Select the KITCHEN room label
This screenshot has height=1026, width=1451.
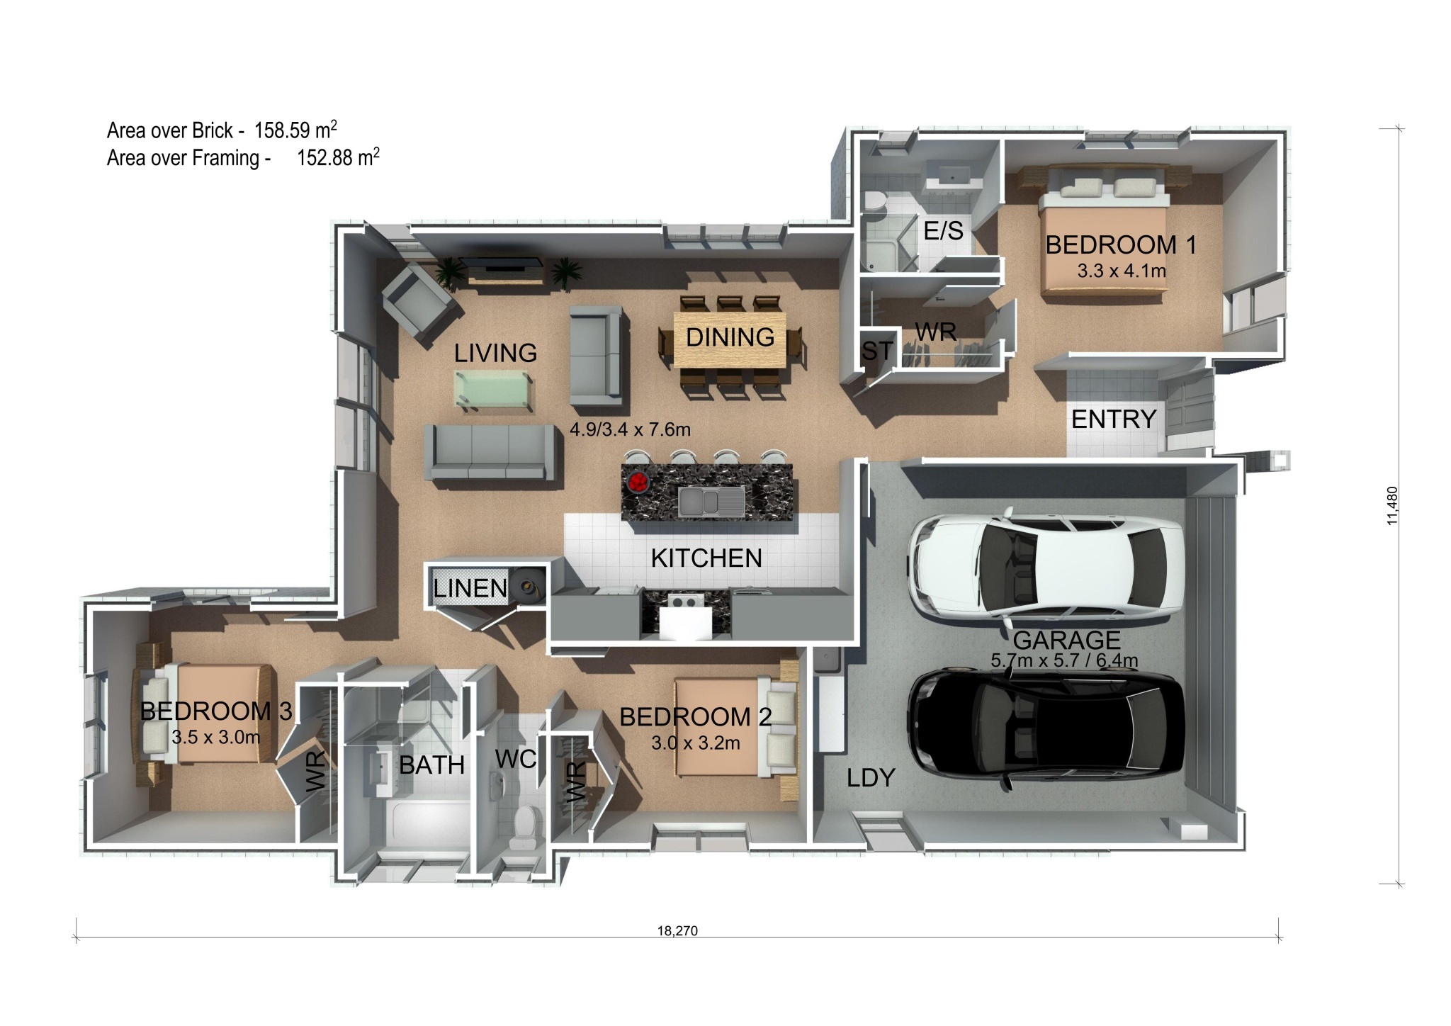pyautogui.click(x=706, y=558)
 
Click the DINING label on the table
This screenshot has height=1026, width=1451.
pyautogui.click(x=730, y=337)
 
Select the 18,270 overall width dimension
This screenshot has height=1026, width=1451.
pyautogui.click(x=677, y=931)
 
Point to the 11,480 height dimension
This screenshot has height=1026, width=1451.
pyautogui.click(x=1393, y=505)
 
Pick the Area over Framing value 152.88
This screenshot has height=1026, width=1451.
pyautogui.click(x=325, y=157)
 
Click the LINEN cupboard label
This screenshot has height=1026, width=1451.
pyautogui.click(x=470, y=588)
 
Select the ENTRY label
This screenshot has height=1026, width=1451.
pyautogui.click(x=1114, y=419)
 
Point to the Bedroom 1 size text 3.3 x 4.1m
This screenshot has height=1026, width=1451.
pyautogui.click(x=1122, y=271)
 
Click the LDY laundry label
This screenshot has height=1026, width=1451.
pyautogui.click(x=871, y=778)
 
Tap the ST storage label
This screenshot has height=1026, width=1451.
pyautogui.click(x=877, y=351)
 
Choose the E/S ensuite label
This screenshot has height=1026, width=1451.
pyautogui.click(x=944, y=230)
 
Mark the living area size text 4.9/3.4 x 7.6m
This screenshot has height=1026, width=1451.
pyautogui.click(x=630, y=429)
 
